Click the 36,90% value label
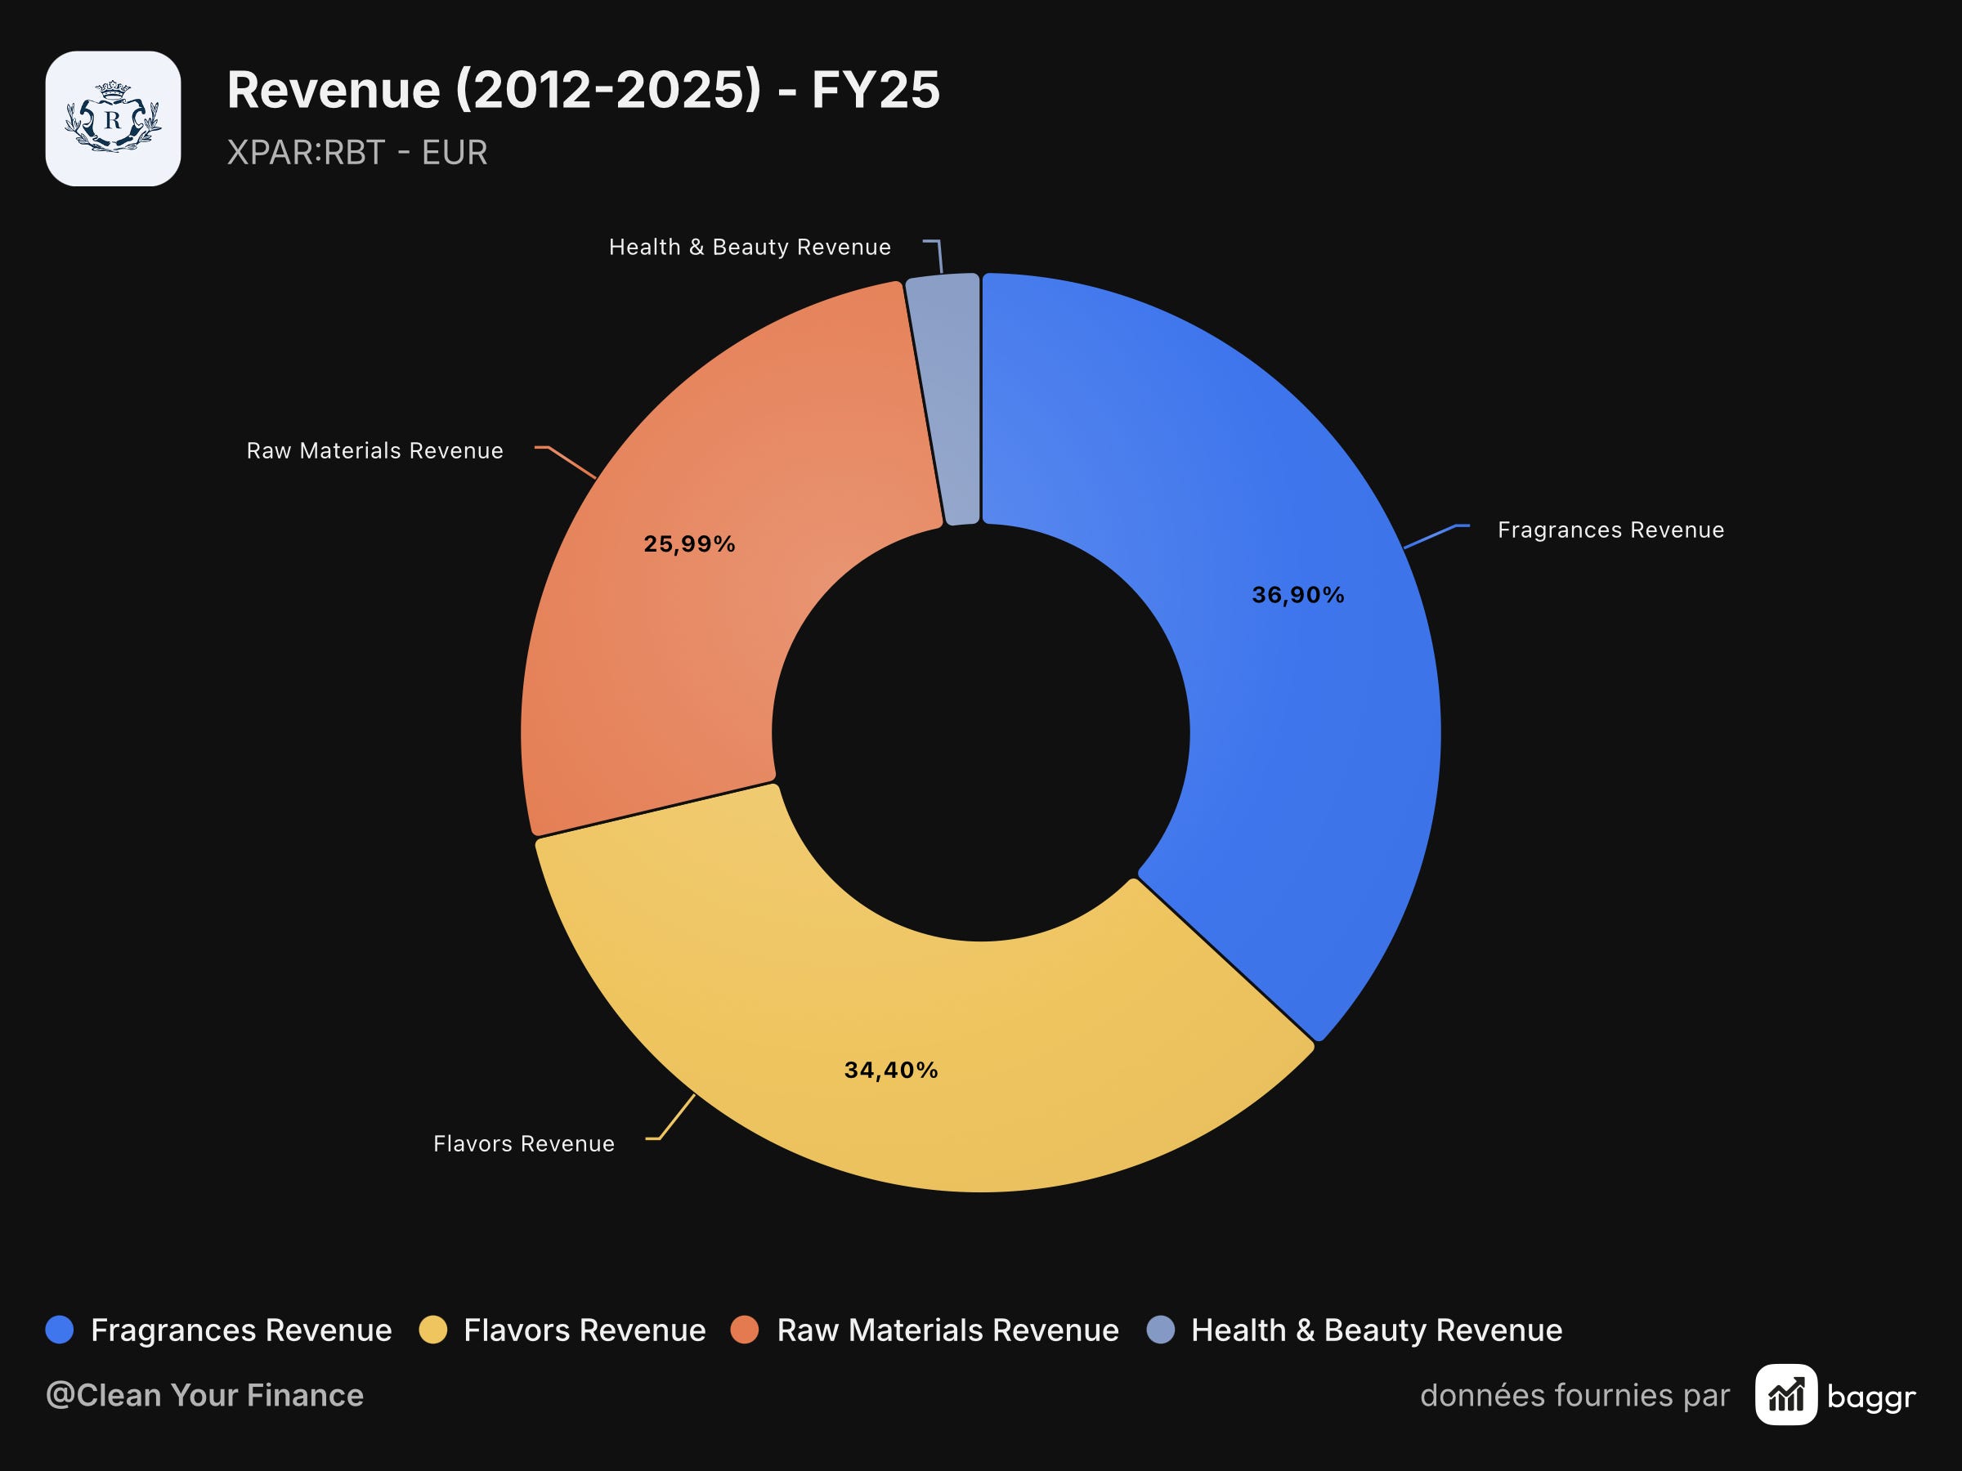click(x=1297, y=594)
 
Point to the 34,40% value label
click(x=890, y=1071)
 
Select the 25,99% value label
click(x=689, y=543)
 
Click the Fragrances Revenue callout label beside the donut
click(x=1610, y=530)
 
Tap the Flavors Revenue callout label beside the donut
click(x=523, y=1144)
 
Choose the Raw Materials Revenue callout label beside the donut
click(x=374, y=450)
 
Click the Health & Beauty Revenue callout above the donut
click(x=750, y=247)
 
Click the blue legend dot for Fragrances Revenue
click(x=60, y=1330)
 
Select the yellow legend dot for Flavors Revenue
click(x=432, y=1330)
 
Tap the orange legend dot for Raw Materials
click(x=744, y=1330)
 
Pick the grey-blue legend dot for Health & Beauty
click(x=1160, y=1330)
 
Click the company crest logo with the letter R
click(x=114, y=118)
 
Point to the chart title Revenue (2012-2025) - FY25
click(x=584, y=90)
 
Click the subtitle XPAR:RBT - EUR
click(x=357, y=153)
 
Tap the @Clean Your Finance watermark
click(x=205, y=1395)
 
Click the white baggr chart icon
click(x=1786, y=1395)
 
